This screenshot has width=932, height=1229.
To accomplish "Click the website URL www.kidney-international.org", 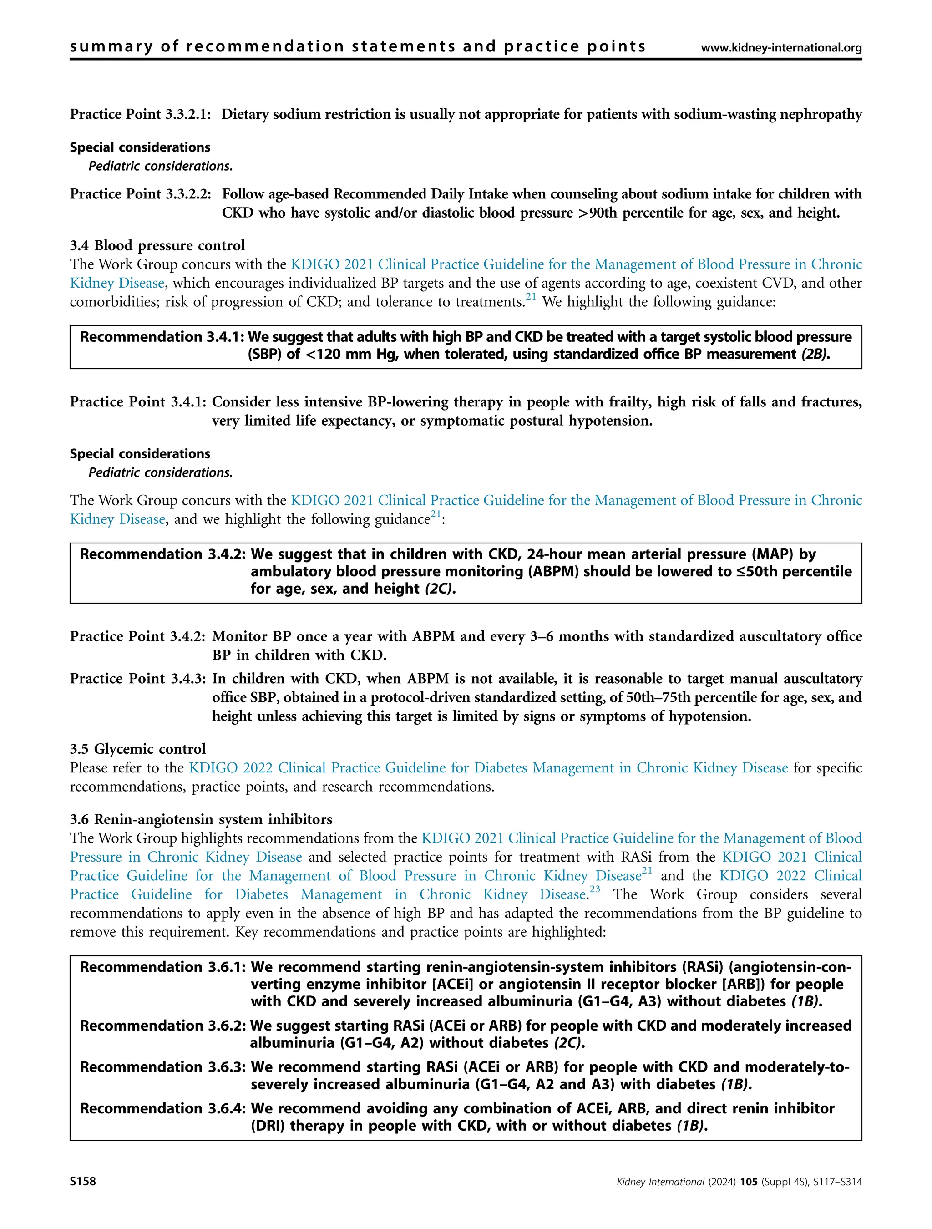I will click(x=781, y=48).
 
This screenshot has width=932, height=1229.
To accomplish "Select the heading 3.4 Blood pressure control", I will click(x=157, y=246).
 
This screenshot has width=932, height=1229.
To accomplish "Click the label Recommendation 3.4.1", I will click(x=162, y=337).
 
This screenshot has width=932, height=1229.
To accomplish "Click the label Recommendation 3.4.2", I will click(x=163, y=554).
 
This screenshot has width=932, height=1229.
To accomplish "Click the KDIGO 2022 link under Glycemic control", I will click(x=488, y=768).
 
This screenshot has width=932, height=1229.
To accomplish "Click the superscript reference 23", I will click(x=595, y=889).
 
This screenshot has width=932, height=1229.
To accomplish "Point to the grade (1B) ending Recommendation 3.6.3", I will click(x=736, y=1085).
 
